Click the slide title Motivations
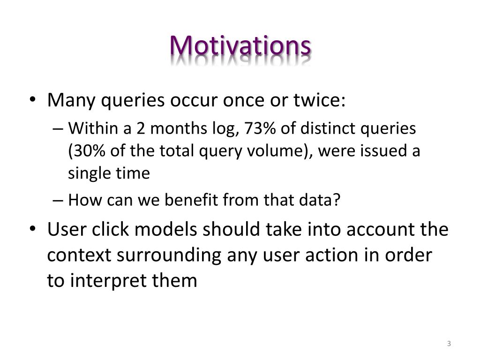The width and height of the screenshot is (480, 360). click(x=240, y=46)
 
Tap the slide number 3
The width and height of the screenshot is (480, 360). click(x=449, y=344)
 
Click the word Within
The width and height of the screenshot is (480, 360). click(x=93, y=128)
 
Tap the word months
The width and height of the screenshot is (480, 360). click(x=179, y=128)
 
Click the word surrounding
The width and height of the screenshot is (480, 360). click(x=169, y=256)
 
